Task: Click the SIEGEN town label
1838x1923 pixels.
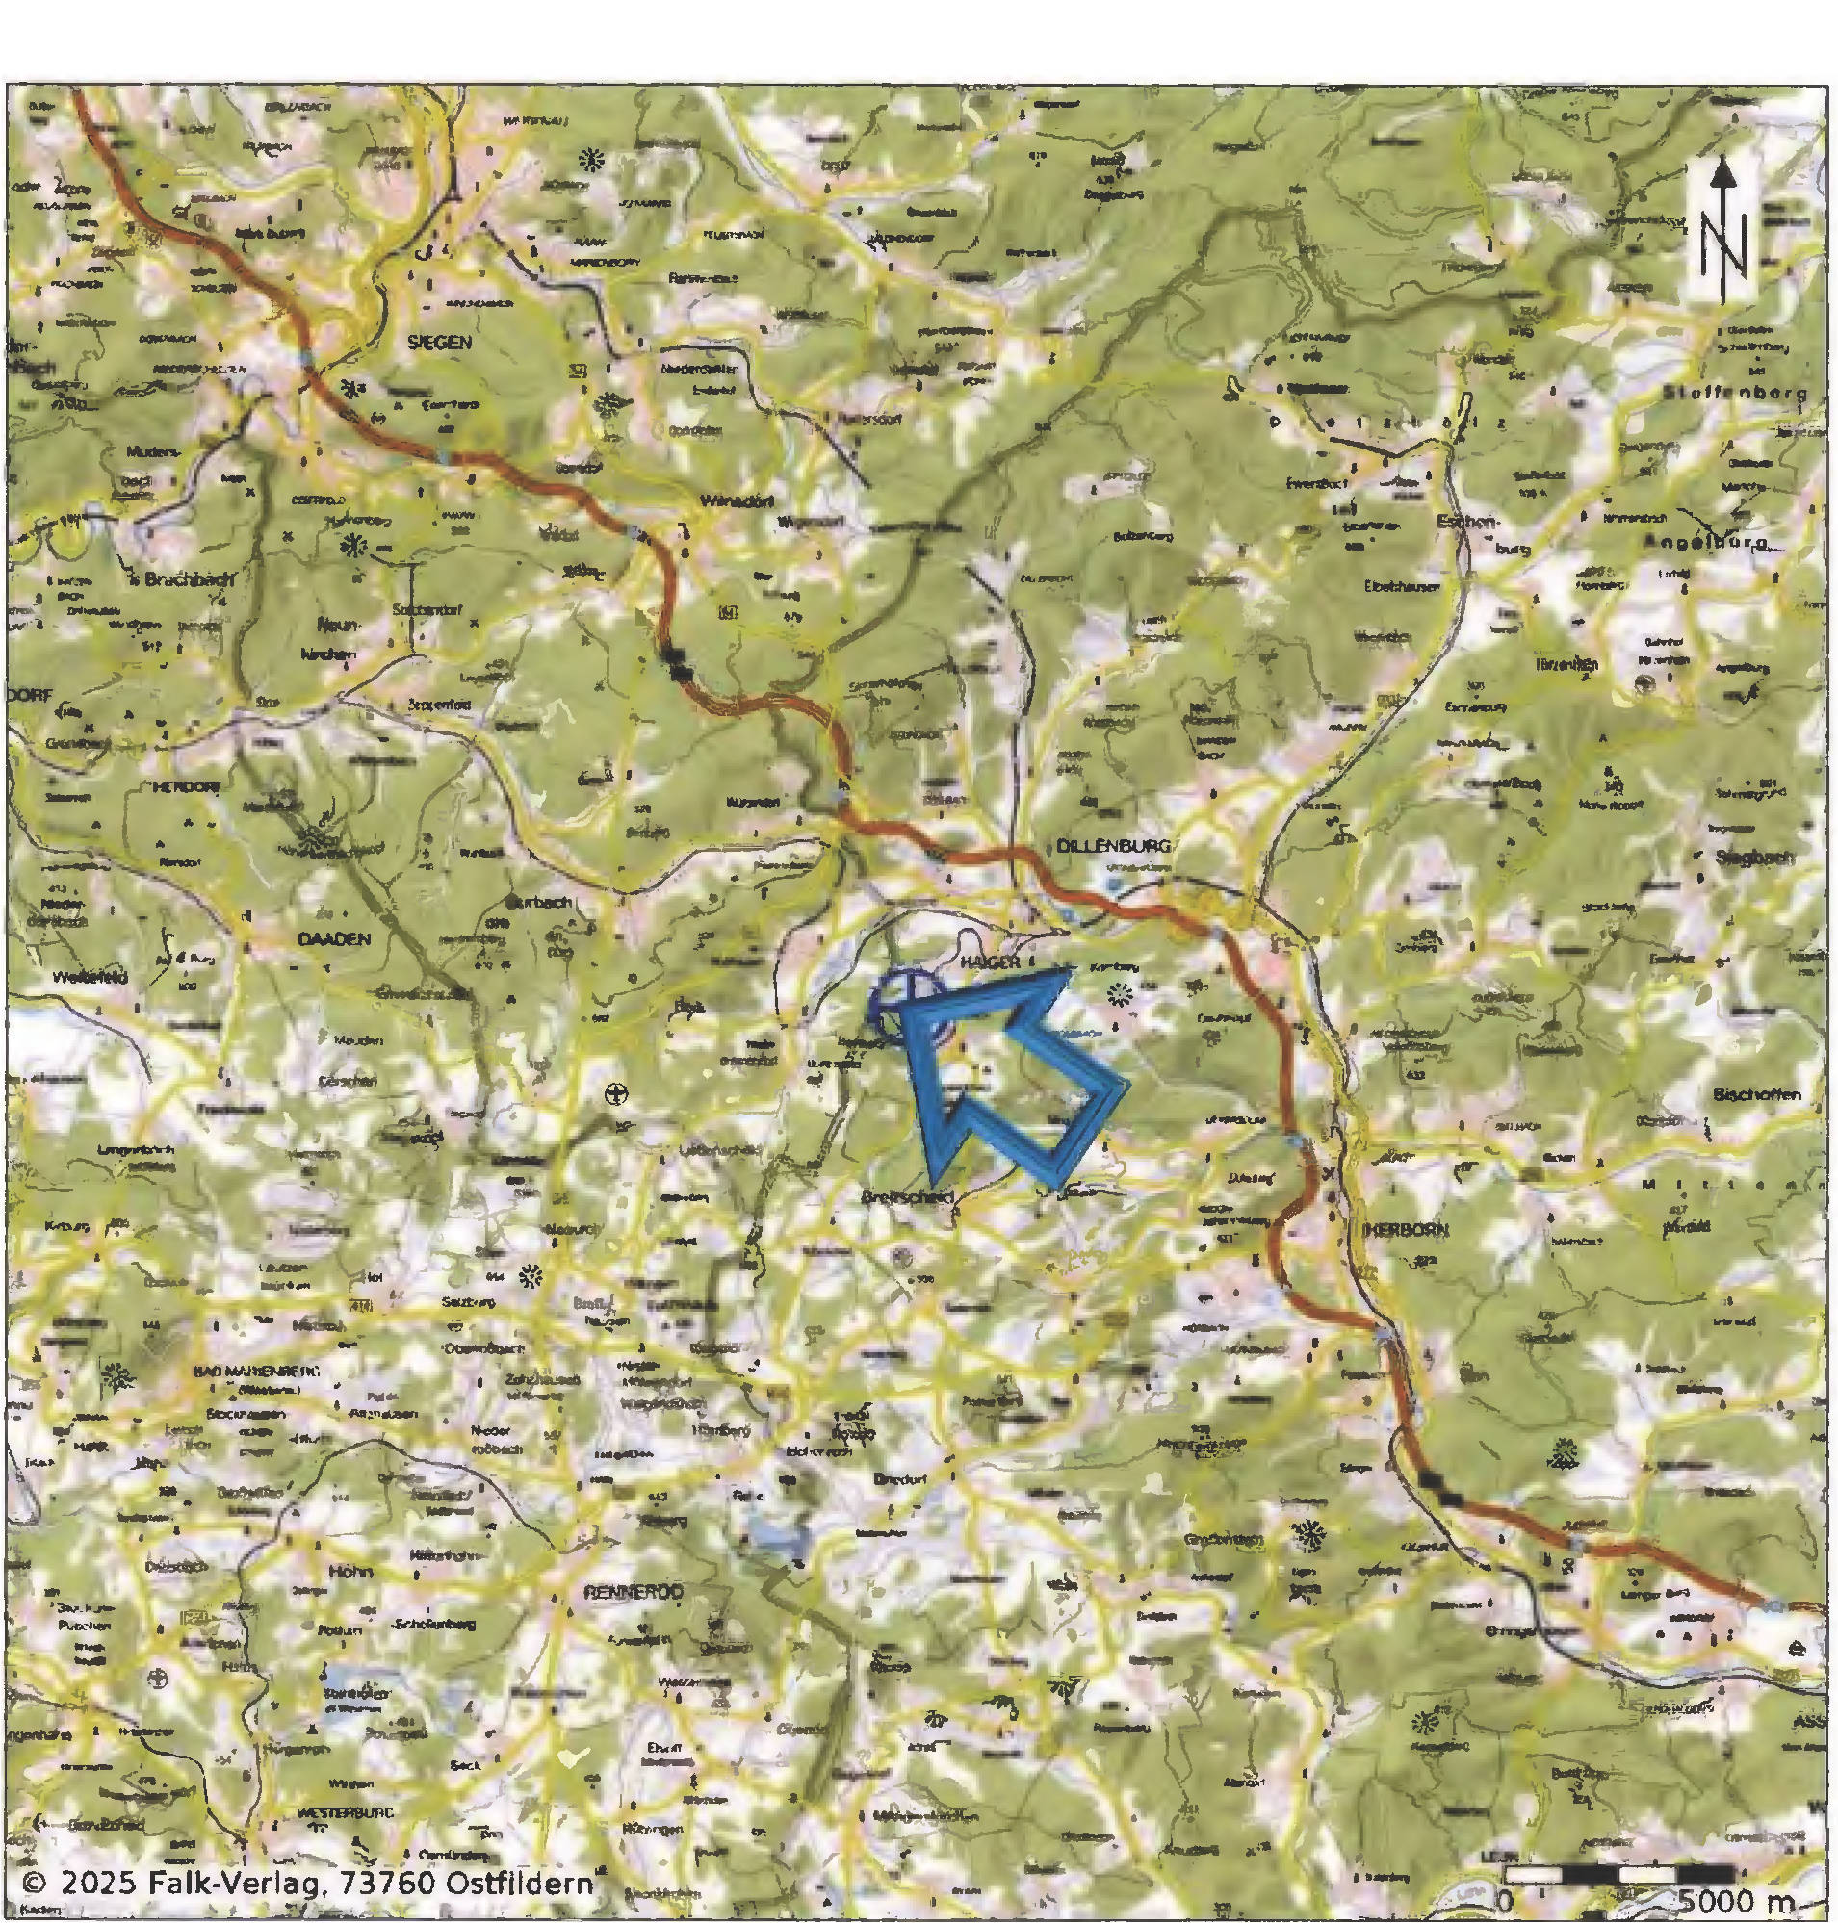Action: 440,342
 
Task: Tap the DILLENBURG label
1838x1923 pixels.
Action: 1113,845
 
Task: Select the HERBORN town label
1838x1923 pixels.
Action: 1392,1228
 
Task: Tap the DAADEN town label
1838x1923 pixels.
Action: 334,938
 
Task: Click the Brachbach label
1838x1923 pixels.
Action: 188,579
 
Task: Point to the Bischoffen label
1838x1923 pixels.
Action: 1756,1094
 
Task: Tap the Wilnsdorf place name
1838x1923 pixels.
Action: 738,500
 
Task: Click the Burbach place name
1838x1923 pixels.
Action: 540,901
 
